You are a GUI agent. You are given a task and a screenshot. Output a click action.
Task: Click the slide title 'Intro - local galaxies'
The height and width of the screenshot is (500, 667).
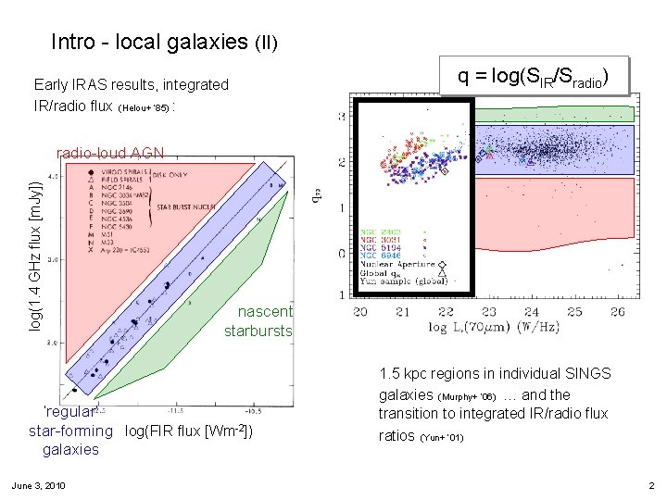(164, 42)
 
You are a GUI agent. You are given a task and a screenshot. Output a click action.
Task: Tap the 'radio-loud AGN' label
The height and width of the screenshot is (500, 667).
(110, 154)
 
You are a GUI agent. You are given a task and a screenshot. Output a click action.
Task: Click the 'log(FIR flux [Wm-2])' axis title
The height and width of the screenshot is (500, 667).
(188, 431)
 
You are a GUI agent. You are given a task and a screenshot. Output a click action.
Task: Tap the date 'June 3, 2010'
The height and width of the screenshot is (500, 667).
(38, 485)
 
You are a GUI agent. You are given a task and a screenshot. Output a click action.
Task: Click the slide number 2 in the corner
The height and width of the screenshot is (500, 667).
(651, 485)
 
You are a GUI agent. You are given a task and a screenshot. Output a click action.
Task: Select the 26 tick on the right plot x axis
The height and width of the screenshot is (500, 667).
(618, 313)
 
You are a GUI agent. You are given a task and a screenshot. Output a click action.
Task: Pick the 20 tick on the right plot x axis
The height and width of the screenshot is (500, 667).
(360, 313)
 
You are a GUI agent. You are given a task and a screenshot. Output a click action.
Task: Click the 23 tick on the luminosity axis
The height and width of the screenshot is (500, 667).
(489, 313)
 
